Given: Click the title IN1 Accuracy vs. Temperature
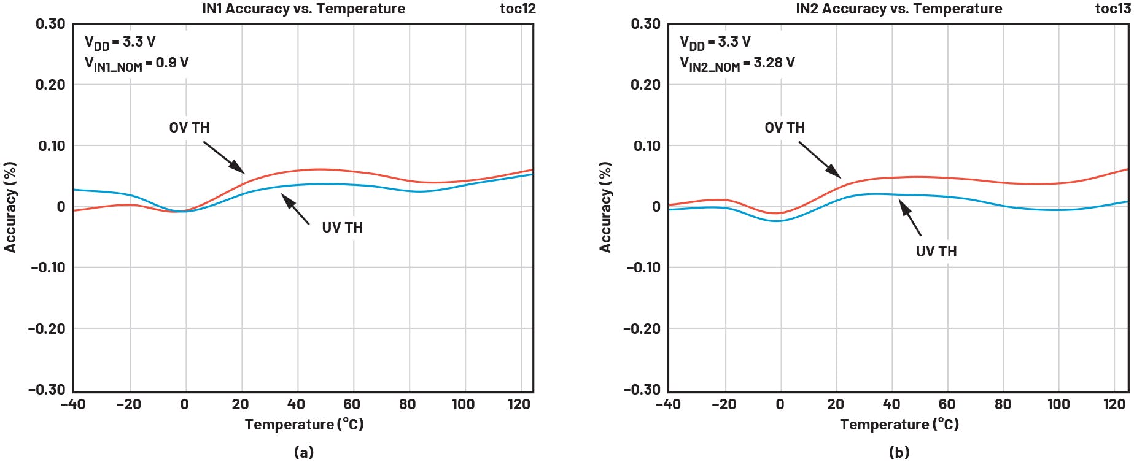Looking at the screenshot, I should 303,9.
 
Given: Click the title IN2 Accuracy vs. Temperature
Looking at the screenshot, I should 899,9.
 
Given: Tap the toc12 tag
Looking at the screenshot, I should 518,9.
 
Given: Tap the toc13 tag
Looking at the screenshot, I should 1113,9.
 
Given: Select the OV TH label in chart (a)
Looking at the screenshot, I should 189,128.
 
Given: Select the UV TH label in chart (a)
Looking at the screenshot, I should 342,228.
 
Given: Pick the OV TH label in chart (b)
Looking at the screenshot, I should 784,128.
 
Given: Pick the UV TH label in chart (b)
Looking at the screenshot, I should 936,252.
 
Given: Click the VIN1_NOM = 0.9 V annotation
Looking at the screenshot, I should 136,63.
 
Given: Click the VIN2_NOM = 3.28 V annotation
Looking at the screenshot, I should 737,63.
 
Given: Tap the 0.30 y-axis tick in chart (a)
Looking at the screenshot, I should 50,24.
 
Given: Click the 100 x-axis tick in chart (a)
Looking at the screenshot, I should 463,404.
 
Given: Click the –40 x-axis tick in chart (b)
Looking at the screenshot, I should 668,404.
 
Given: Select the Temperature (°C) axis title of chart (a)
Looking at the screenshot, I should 304,425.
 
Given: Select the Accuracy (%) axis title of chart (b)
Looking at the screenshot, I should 605,207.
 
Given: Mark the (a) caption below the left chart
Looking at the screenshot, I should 304,452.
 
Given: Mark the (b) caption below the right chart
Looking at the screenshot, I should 899,452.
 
